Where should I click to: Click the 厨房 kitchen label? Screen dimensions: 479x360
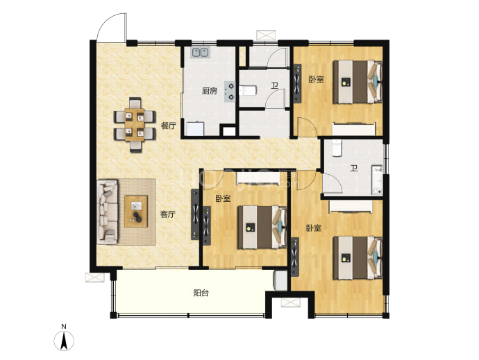point(210,91)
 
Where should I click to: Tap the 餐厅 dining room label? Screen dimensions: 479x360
point(169,126)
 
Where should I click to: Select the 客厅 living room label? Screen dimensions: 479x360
point(168,214)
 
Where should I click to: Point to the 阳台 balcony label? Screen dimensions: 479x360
point(201,293)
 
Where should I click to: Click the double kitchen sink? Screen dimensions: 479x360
point(201,53)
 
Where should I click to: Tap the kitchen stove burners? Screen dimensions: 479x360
point(230,92)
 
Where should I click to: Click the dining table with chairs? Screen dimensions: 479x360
point(135,125)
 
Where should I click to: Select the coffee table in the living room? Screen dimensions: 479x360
point(136,212)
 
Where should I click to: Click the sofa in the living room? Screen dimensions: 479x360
point(107,212)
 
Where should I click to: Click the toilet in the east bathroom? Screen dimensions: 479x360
point(337,148)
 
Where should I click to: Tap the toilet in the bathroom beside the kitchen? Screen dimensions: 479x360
point(247,90)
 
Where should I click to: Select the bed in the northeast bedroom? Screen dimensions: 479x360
point(358,82)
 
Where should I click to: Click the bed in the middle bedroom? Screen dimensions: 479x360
point(262,228)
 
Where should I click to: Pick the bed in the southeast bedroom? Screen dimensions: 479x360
point(358,258)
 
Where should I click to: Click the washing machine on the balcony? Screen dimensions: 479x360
point(281,280)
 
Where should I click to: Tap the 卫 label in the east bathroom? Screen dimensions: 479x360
point(354,169)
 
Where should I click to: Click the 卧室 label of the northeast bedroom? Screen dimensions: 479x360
point(316,79)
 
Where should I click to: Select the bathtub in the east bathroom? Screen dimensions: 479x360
point(377,180)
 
